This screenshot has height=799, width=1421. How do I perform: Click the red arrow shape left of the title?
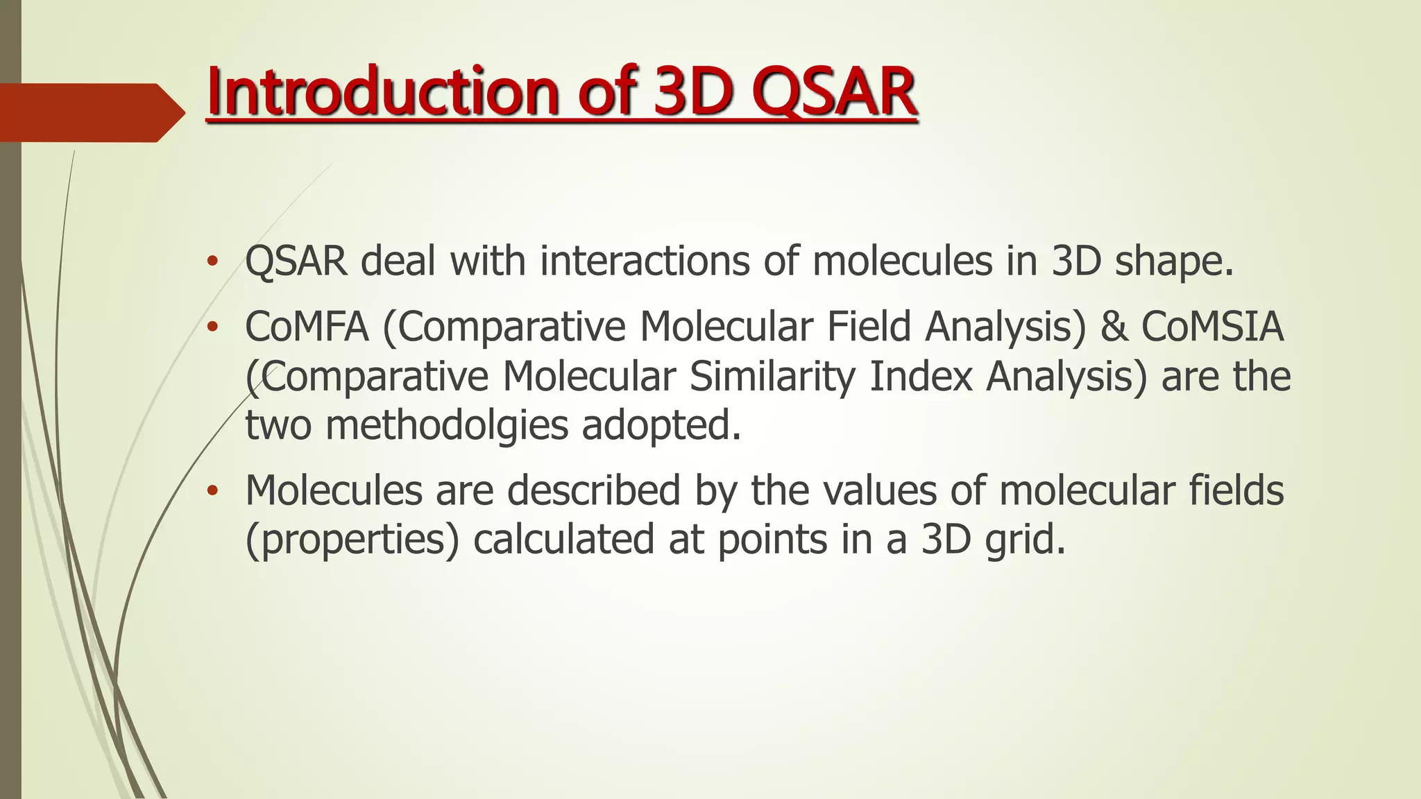tap(90, 112)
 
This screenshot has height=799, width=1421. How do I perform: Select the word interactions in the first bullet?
tap(645, 261)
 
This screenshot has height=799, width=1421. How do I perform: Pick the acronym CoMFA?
tap(307, 327)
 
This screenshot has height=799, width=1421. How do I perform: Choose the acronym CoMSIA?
tap(1213, 327)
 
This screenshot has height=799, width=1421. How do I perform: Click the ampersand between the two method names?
tap(1114, 327)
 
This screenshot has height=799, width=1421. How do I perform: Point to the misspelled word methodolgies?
tap(447, 425)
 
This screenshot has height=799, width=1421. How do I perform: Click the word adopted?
tap(661, 425)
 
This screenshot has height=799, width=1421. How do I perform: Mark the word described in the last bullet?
tap(594, 490)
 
